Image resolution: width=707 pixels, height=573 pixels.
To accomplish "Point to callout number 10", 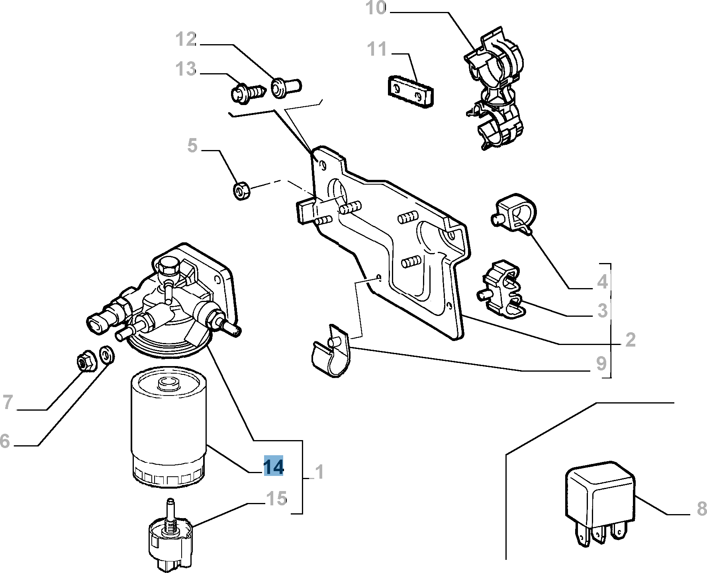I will [376, 8].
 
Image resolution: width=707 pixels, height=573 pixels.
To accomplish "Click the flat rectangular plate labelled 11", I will [411, 90].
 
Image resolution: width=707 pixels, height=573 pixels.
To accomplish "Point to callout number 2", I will [630, 340].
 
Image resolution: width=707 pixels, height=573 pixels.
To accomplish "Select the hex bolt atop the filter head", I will [168, 267].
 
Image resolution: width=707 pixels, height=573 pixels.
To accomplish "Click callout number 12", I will [186, 40].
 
